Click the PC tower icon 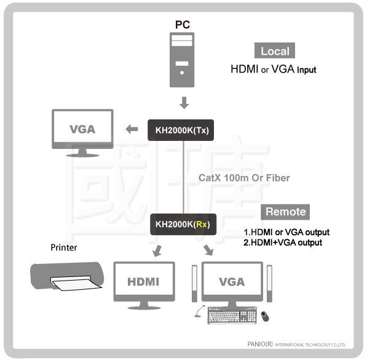[x=182, y=60]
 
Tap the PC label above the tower [x=183, y=25]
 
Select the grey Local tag [x=275, y=50]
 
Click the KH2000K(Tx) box [x=181, y=130]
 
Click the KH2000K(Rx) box [x=183, y=224]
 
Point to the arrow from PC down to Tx [x=184, y=103]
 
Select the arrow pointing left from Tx [x=132, y=129]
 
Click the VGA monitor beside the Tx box [x=82, y=133]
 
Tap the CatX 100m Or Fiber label [x=244, y=178]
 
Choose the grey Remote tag [x=285, y=212]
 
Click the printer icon [x=67, y=276]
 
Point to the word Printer [x=64, y=247]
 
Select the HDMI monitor [x=144, y=286]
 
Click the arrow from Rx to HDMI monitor [x=157, y=250]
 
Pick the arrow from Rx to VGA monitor [x=208, y=250]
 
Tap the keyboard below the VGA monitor [x=232, y=315]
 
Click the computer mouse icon [x=265, y=316]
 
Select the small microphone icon [x=199, y=311]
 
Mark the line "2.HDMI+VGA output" [x=283, y=242]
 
